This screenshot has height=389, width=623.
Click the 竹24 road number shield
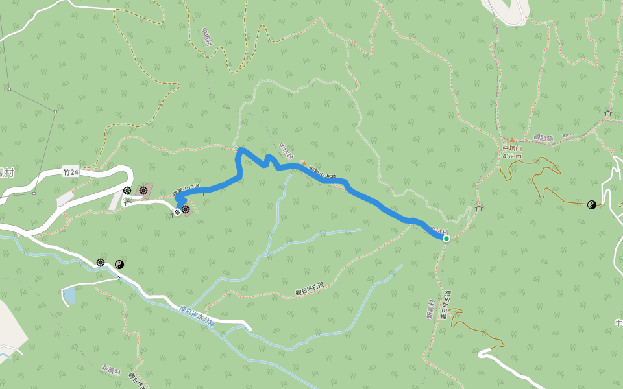[71, 172]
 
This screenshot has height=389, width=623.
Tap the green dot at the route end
[446, 239]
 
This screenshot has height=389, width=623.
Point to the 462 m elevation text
[512, 156]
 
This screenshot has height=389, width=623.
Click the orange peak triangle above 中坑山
[512, 139]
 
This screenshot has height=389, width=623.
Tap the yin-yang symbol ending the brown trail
[592, 205]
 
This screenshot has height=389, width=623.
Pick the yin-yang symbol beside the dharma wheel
[119, 264]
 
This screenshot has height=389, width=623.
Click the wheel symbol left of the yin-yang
[101, 263]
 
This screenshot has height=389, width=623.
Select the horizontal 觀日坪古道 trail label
[310, 292]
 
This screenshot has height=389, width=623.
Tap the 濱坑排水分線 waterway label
[196, 315]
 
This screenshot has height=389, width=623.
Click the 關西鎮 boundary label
[543, 137]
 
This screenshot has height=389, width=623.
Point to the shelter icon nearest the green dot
[479, 208]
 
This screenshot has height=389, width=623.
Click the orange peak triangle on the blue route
[302, 163]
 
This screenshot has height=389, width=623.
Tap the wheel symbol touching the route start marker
[186, 209]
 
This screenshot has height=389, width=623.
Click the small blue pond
[69, 296]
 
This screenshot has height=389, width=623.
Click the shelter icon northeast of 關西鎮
[608, 113]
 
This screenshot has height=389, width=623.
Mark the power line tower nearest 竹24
[55, 112]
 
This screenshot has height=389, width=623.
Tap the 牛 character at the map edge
[618, 322]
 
